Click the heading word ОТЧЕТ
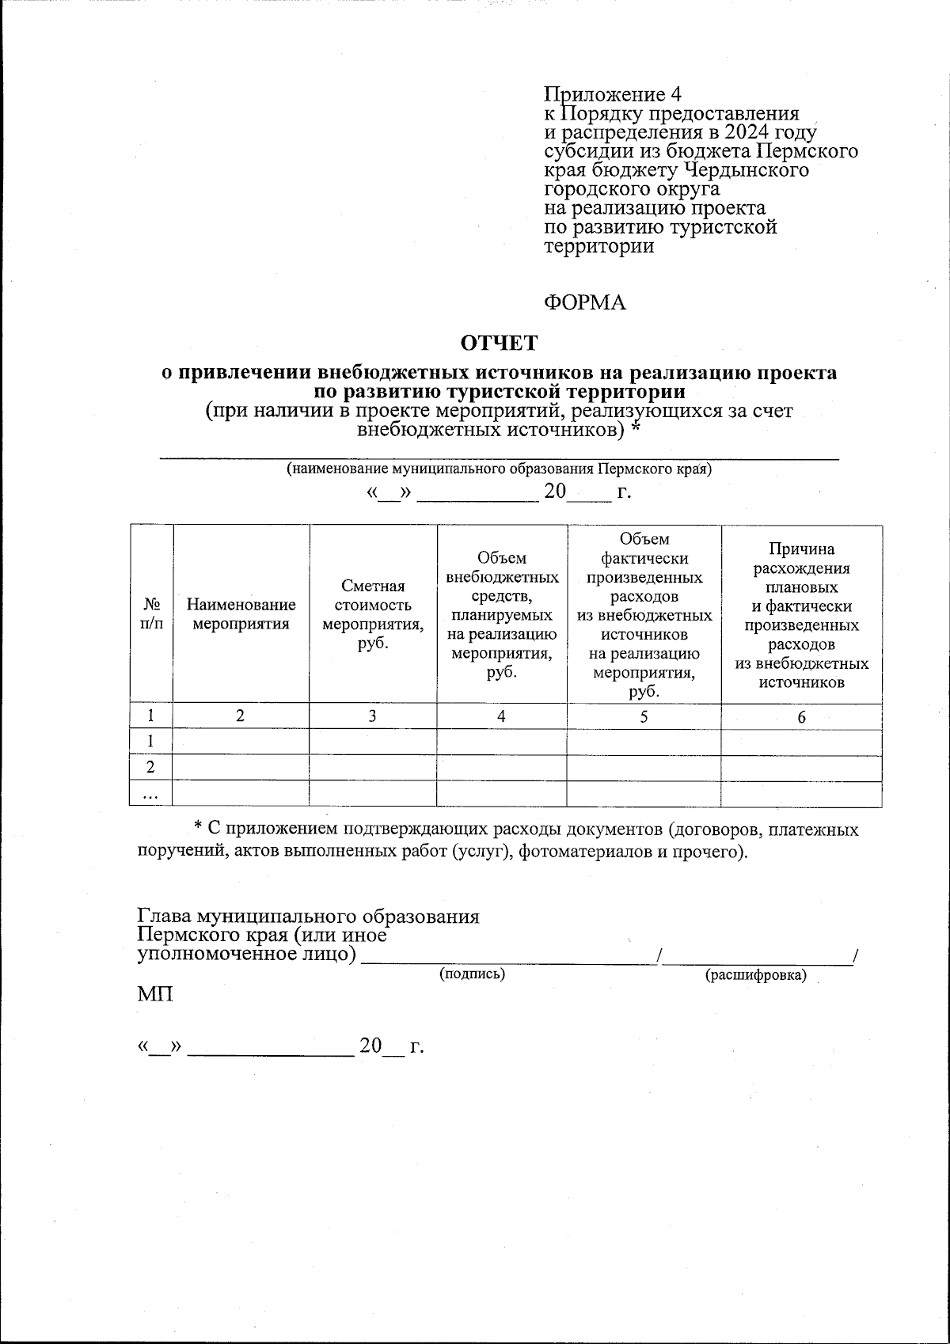499,343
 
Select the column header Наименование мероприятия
241,614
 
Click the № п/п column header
151,614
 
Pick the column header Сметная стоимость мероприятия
373,614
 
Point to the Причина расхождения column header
801,614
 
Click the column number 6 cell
801,717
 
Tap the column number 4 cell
501,716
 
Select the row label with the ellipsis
150,794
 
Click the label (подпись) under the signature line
473,974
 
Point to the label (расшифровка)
756,975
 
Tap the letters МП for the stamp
154,994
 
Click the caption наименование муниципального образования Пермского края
499,469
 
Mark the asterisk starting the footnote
199,828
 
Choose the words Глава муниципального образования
309,917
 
